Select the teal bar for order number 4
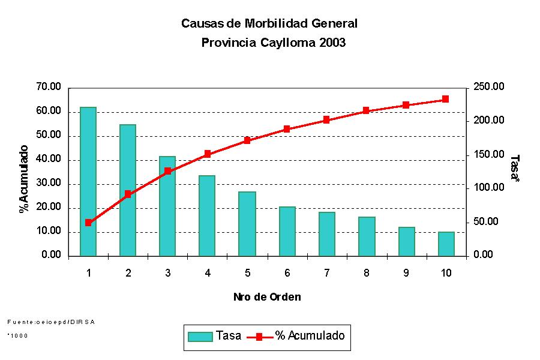(207, 215)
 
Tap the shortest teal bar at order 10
(446, 244)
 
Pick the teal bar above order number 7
(326, 234)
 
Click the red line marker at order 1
(88, 223)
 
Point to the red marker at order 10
(445, 99)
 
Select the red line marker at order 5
(247, 140)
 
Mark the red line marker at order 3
(167, 171)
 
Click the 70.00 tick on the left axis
(49, 88)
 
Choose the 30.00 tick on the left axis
(49, 184)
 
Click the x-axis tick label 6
(287, 273)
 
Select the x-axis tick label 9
(406, 273)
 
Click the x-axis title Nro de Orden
(267, 297)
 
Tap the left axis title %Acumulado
(24, 179)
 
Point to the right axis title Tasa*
(514, 168)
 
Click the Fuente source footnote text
(51, 322)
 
